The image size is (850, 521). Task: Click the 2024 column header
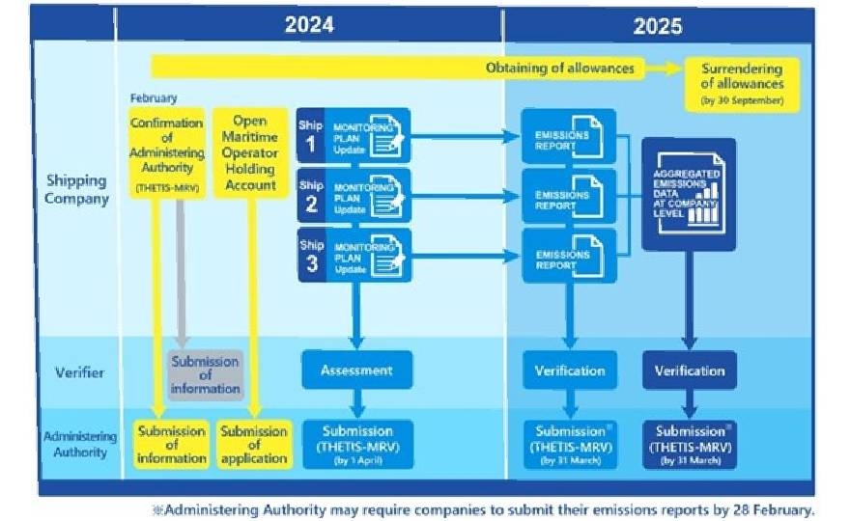(308, 25)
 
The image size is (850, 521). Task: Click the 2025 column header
(658, 26)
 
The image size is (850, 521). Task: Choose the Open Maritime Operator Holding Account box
(249, 153)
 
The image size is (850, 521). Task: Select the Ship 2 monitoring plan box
(354, 196)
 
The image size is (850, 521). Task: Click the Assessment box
(356, 370)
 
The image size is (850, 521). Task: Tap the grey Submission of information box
(205, 374)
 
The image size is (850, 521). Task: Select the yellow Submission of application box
(253, 445)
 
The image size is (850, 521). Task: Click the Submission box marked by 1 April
(357, 445)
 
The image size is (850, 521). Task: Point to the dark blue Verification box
(689, 370)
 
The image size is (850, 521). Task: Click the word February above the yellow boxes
(154, 98)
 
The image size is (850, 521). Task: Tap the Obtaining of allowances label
(560, 68)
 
